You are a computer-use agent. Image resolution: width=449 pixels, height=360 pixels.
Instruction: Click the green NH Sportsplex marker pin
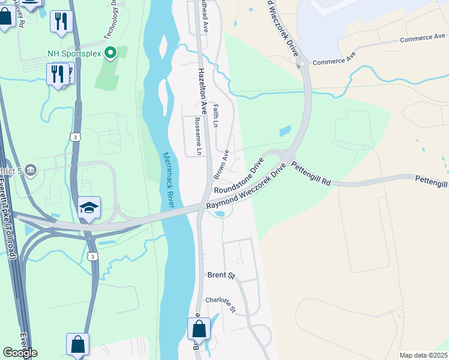point(110,53)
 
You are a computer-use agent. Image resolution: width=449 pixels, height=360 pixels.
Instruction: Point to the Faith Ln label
point(215,115)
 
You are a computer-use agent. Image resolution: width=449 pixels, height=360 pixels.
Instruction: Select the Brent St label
point(220,275)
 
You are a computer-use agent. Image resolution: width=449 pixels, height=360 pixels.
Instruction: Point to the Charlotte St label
point(221,304)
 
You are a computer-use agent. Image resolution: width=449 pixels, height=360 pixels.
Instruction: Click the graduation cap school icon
point(89,208)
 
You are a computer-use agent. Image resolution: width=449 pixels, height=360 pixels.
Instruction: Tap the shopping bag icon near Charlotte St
point(199,329)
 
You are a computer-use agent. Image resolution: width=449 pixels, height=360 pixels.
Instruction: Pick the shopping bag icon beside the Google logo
point(77,344)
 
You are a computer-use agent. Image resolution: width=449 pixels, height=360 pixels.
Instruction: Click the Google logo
point(20,353)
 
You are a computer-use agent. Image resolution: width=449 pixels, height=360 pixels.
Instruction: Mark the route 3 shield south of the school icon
point(92,256)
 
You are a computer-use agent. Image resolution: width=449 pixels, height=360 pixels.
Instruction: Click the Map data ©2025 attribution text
point(423,355)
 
